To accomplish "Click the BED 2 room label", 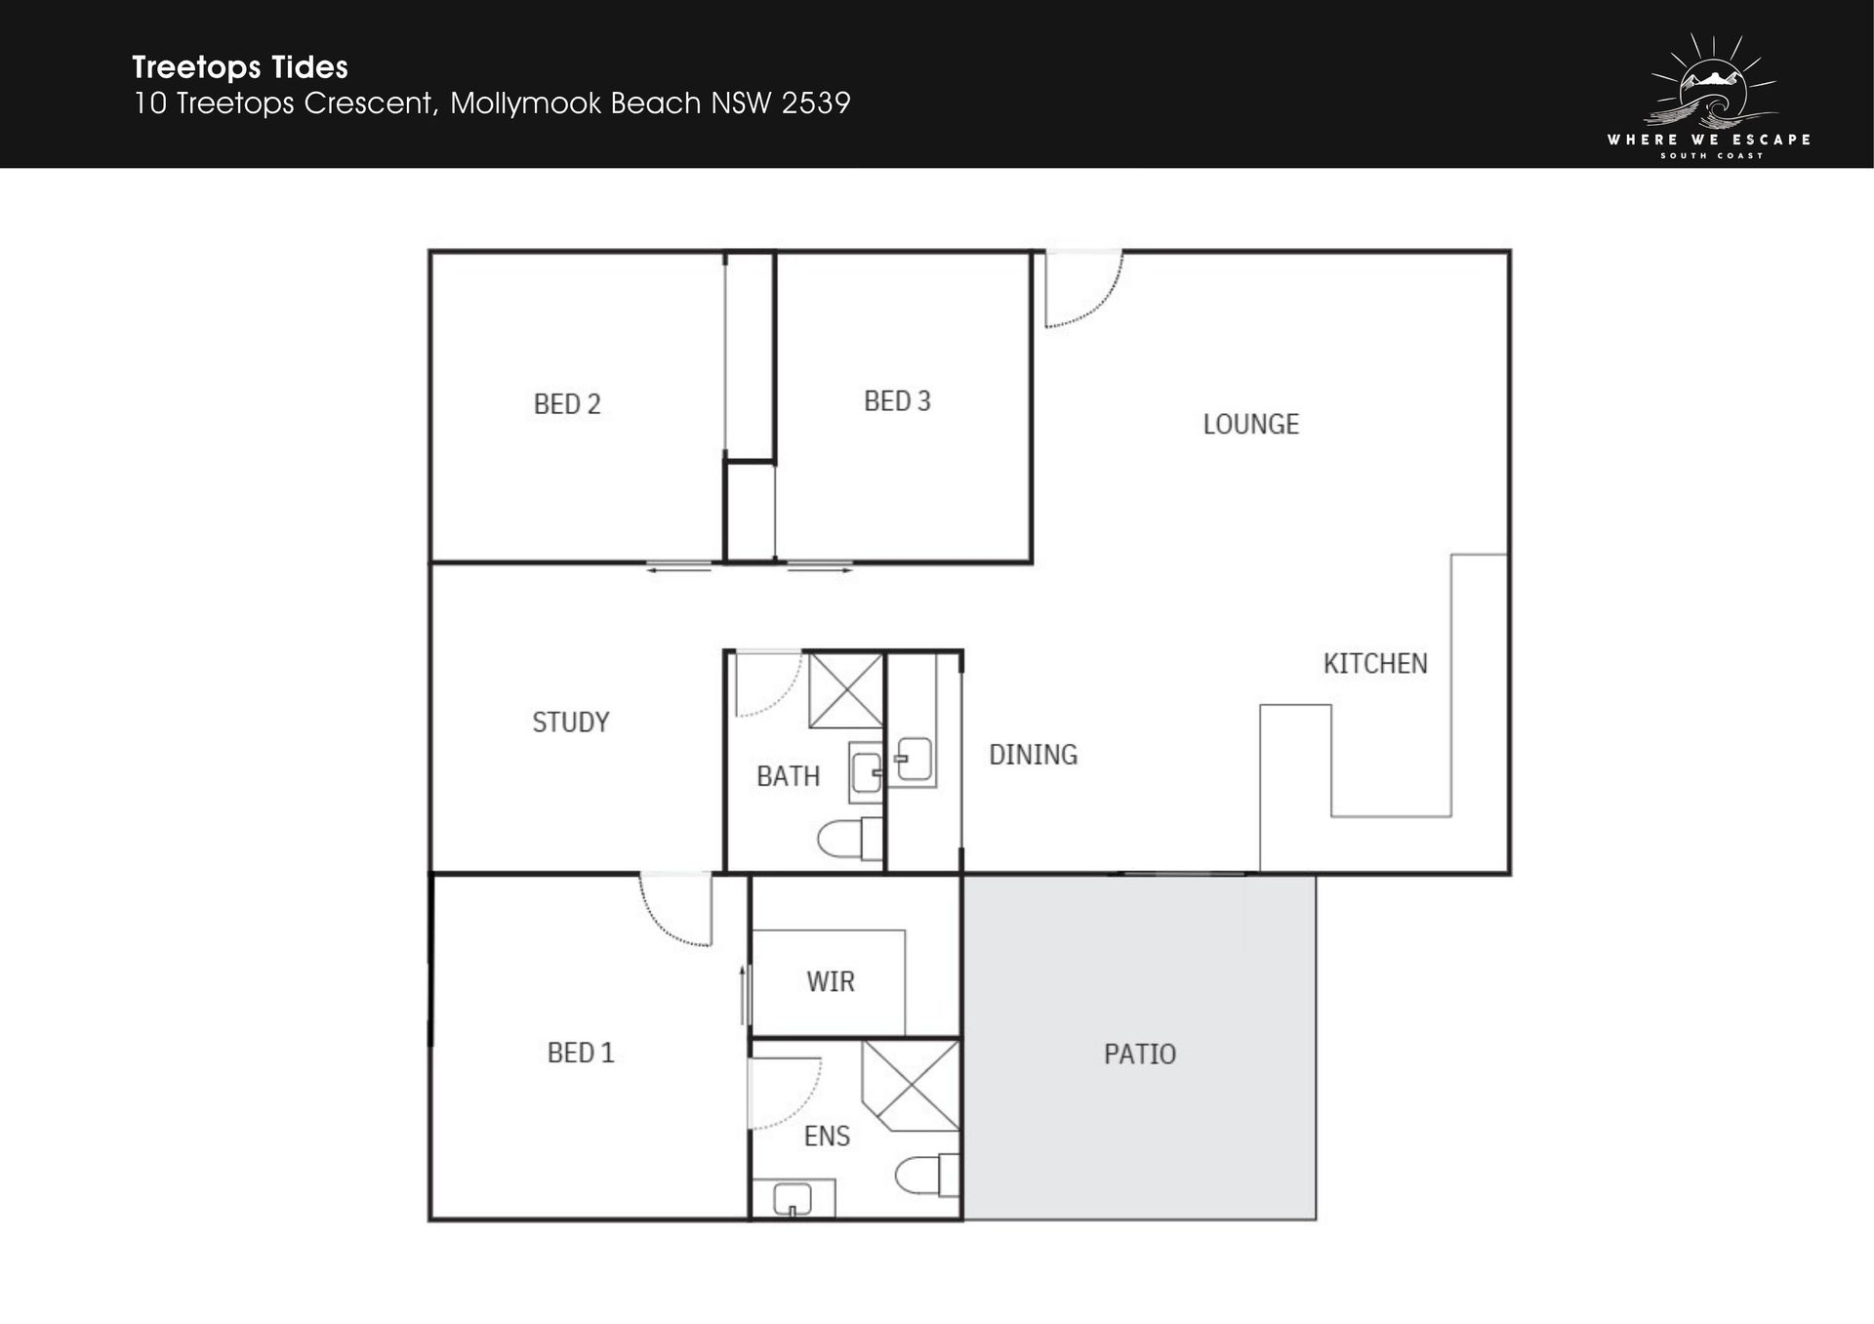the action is (567, 404).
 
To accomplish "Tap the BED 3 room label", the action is (897, 401).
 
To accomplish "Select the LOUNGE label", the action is (1250, 425).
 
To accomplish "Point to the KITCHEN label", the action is (1375, 664).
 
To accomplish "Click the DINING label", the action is (1033, 755).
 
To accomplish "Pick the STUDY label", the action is (571, 723).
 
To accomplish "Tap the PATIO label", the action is (1140, 1055).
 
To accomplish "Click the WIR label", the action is (831, 982).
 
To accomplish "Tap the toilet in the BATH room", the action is (850, 839).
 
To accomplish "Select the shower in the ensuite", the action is (911, 1086).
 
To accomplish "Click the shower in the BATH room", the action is (846, 691).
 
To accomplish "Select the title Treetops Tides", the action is (240, 67).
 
